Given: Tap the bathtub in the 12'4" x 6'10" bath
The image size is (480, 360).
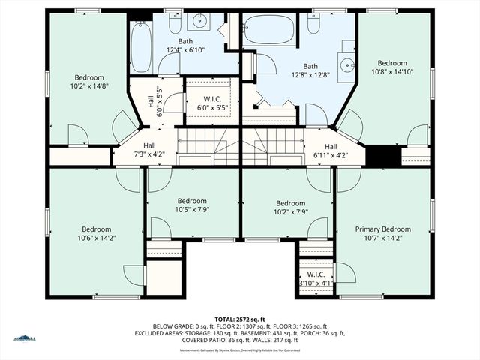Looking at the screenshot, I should click(x=141, y=47).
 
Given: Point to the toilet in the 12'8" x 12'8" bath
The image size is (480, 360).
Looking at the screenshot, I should click(x=314, y=23).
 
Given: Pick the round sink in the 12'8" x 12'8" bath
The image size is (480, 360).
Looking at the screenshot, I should click(x=348, y=64).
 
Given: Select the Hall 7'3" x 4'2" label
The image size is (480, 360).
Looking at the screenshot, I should click(x=149, y=150).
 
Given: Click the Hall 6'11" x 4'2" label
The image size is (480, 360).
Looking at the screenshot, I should click(x=331, y=151).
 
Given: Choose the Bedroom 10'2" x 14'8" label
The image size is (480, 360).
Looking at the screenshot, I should click(x=88, y=82).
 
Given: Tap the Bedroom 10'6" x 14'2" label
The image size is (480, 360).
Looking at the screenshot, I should click(x=96, y=234).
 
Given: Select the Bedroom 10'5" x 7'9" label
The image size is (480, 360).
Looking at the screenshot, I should click(x=192, y=205).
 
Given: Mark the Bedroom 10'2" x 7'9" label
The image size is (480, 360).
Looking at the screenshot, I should click(x=290, y=208).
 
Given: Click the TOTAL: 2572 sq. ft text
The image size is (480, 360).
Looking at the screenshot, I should click(x=239, y=319).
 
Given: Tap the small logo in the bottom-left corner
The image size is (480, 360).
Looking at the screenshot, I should click(x=24, y=338).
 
